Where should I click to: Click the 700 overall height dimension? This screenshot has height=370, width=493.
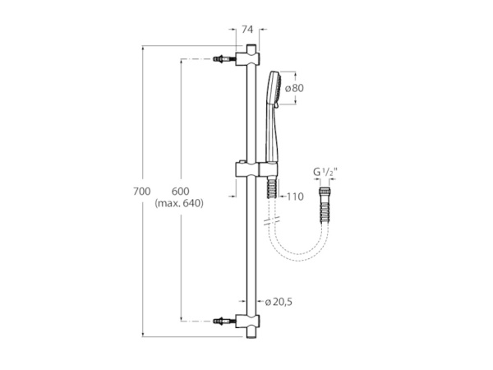click(142, 191)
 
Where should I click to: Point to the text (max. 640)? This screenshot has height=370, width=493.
click(178, 202)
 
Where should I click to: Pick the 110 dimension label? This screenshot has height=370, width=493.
click(294, 197)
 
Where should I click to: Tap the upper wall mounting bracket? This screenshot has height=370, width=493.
click(247, 59)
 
